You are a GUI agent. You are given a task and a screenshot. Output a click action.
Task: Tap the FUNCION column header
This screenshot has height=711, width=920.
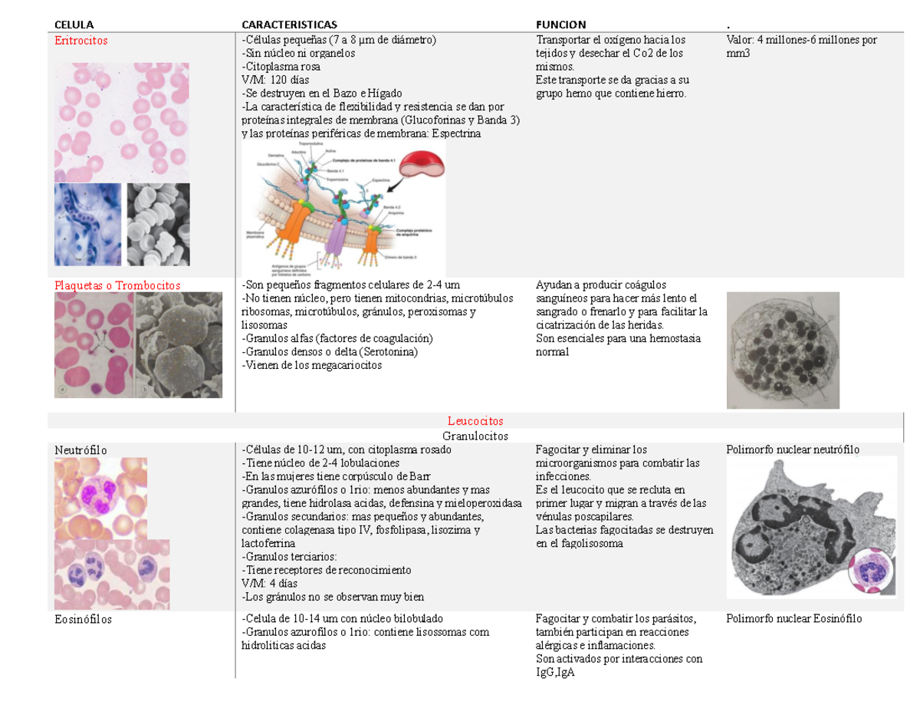click(561, 24)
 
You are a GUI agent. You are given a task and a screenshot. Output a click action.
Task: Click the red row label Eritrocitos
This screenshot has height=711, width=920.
click(80, 40)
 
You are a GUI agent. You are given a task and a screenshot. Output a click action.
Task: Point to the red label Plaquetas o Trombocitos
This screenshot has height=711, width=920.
click(117, 285)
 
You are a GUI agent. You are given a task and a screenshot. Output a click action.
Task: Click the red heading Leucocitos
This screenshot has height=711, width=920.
click(475, 421)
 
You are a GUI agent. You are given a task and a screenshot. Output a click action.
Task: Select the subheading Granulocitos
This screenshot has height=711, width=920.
click(475, 436)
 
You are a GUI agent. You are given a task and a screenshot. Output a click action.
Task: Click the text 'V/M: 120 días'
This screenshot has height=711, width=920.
click(274, 80)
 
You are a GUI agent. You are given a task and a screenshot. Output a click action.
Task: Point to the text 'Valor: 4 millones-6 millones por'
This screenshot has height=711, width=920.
click(801, 40)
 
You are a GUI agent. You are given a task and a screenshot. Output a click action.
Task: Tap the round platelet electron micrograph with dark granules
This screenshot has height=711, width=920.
click(782, 350)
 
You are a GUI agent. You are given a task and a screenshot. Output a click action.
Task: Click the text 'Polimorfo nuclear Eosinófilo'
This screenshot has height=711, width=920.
click(793, 619)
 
